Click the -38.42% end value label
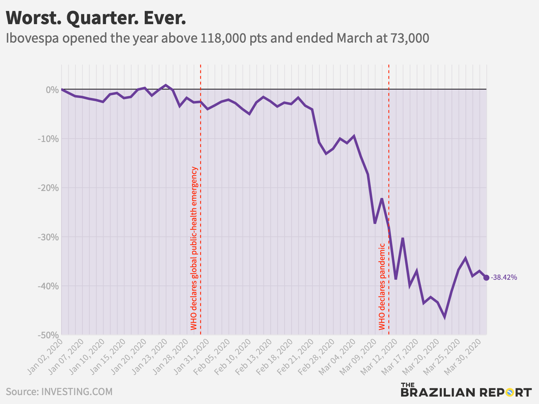(504, 278)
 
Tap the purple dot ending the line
(486, 278)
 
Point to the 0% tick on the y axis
(52, 89)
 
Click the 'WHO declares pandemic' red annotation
(382, 286)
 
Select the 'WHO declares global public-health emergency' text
(194, 249)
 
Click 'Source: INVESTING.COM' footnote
(59, 392)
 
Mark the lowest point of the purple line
(444, 317)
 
